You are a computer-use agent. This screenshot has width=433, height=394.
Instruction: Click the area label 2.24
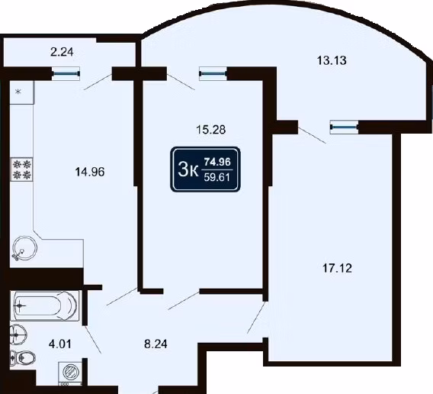coord(62,52)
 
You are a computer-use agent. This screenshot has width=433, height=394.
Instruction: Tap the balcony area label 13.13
coord(332,60)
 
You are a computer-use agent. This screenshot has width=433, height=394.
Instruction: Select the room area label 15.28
coord(210,129)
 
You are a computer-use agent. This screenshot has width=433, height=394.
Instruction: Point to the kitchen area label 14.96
coord(90,172)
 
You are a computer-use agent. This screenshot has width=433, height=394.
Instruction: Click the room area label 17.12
coord(337,268)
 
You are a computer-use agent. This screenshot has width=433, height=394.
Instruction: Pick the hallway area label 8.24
coord(156,344)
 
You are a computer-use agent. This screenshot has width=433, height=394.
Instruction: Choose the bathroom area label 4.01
coord(60,344)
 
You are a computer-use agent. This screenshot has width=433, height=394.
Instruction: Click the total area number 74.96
coord(217,162)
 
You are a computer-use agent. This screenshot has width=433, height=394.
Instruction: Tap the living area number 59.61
coord(217,177)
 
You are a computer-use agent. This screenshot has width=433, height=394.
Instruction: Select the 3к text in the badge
coord(188,170)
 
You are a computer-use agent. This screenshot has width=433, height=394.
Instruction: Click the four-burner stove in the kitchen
coord(21,170)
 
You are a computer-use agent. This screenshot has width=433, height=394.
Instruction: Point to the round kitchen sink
coord(24,248)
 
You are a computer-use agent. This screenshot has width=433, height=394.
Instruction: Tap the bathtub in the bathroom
coord(45,305)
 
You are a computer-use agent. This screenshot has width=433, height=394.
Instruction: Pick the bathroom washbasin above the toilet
coord(18,335)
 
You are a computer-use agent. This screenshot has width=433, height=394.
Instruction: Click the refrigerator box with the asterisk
coord(22,92)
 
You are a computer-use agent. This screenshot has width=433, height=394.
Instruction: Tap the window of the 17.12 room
coord(344,128)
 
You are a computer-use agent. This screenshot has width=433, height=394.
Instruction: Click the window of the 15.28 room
coord(213,73)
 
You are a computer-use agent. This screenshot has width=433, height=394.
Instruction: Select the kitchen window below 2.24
coord(66,73)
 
